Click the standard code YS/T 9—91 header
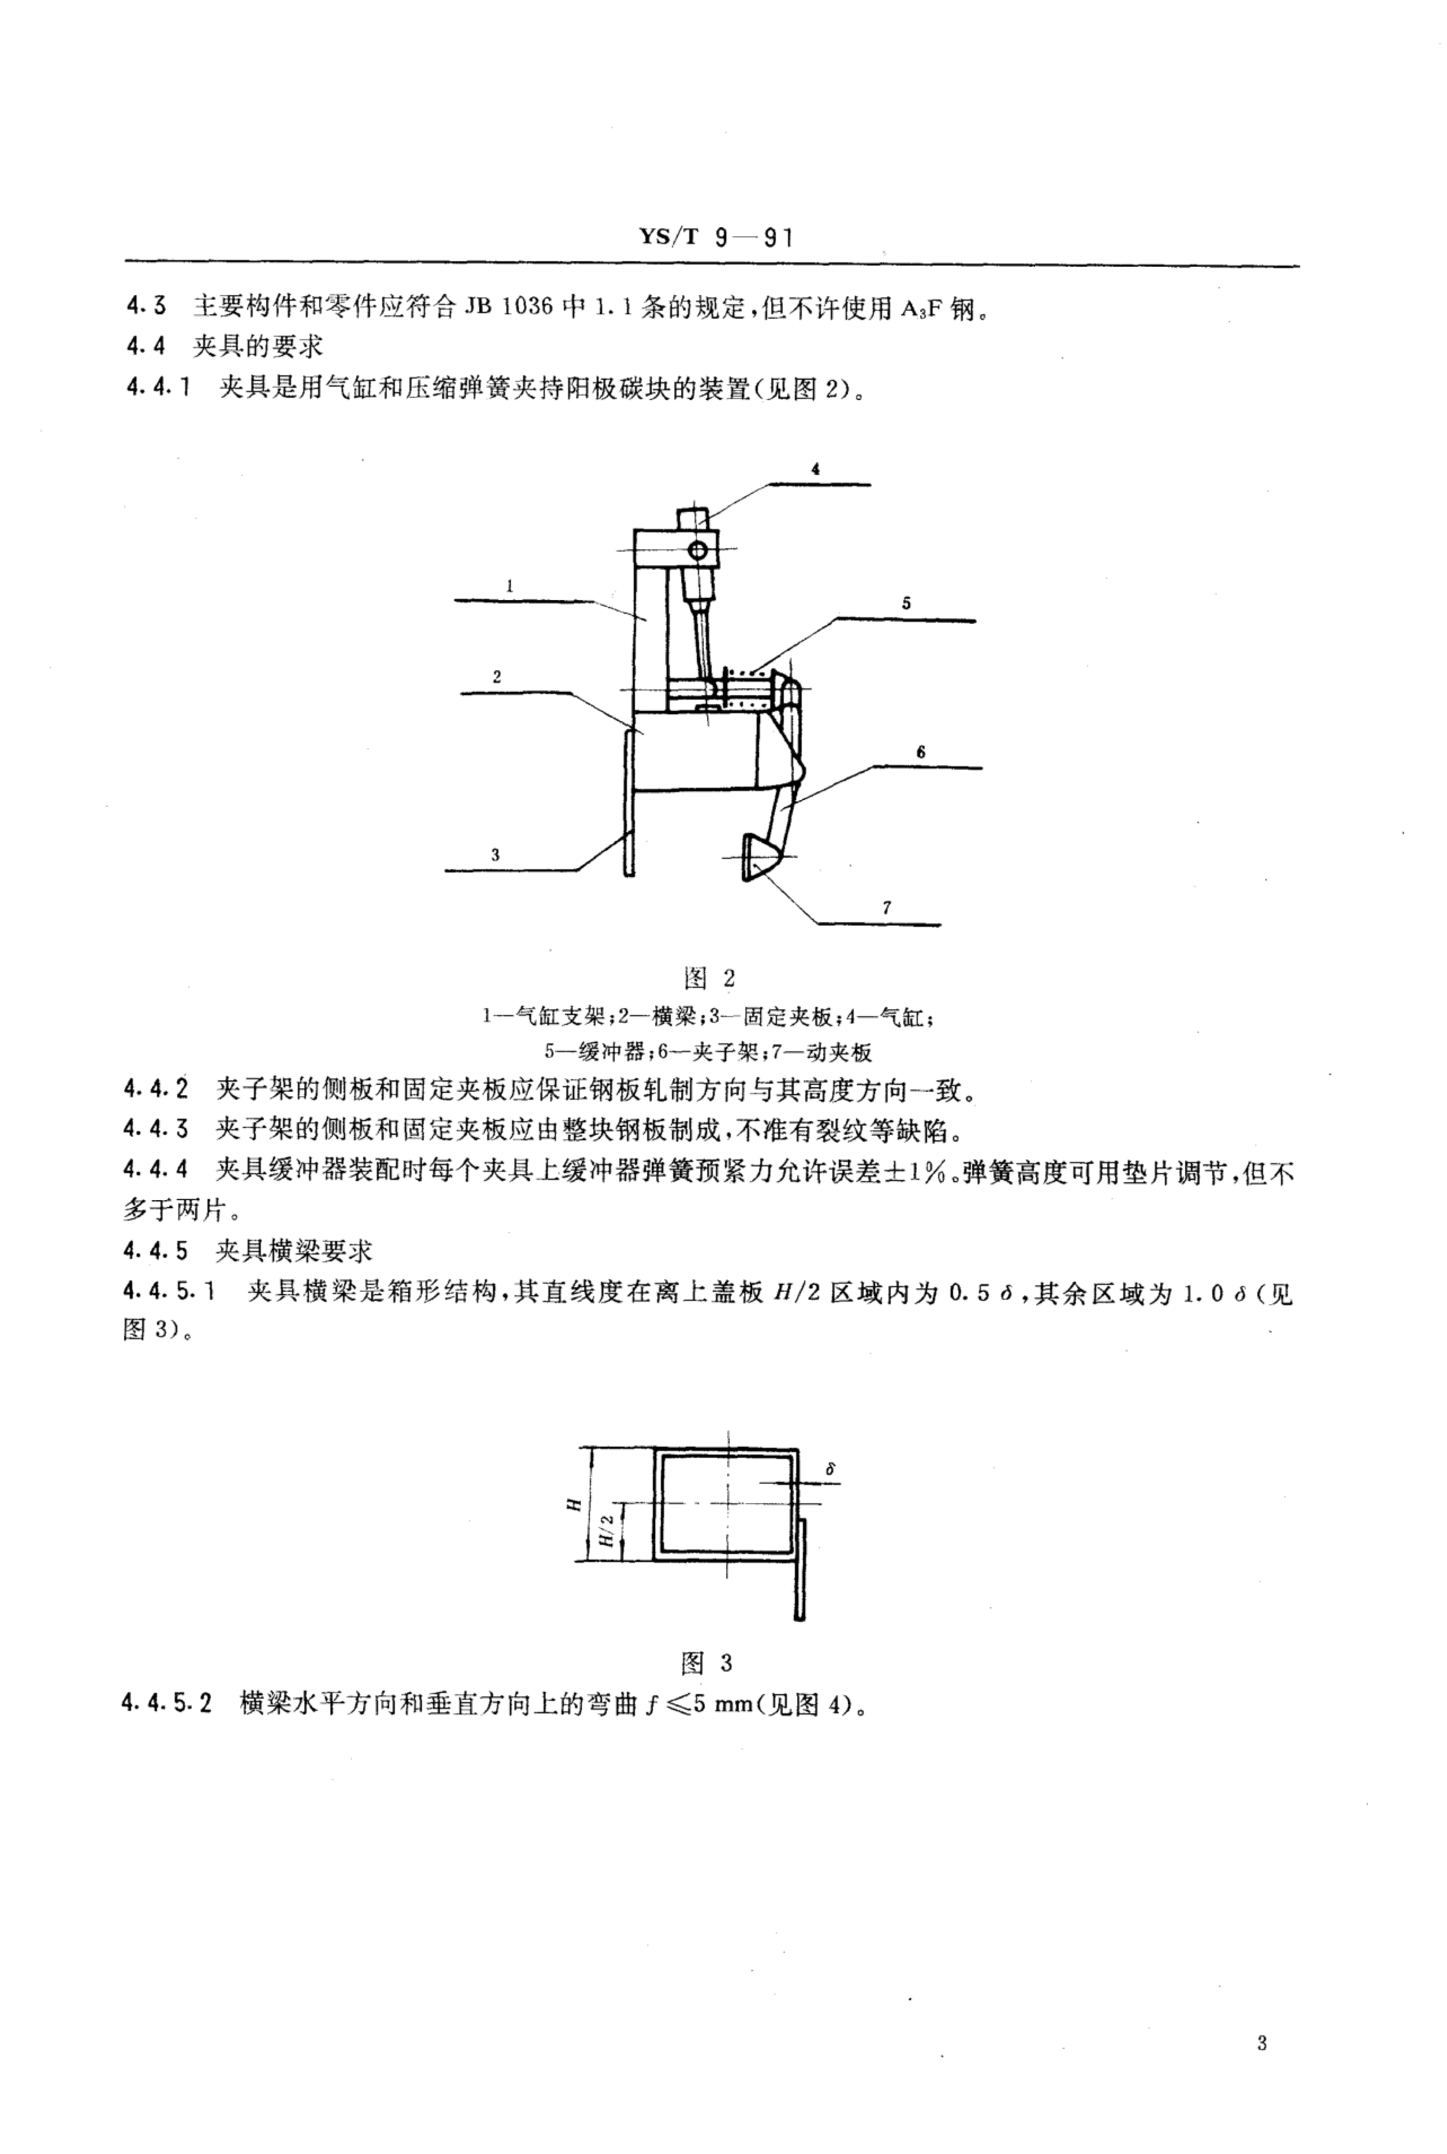pos(715,238)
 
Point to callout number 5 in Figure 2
pos(906,603)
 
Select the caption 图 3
pos(707,1663)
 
